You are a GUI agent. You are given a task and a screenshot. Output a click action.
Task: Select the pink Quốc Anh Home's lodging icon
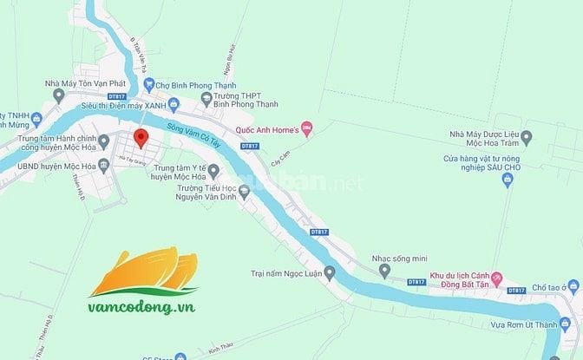pos(306,130)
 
